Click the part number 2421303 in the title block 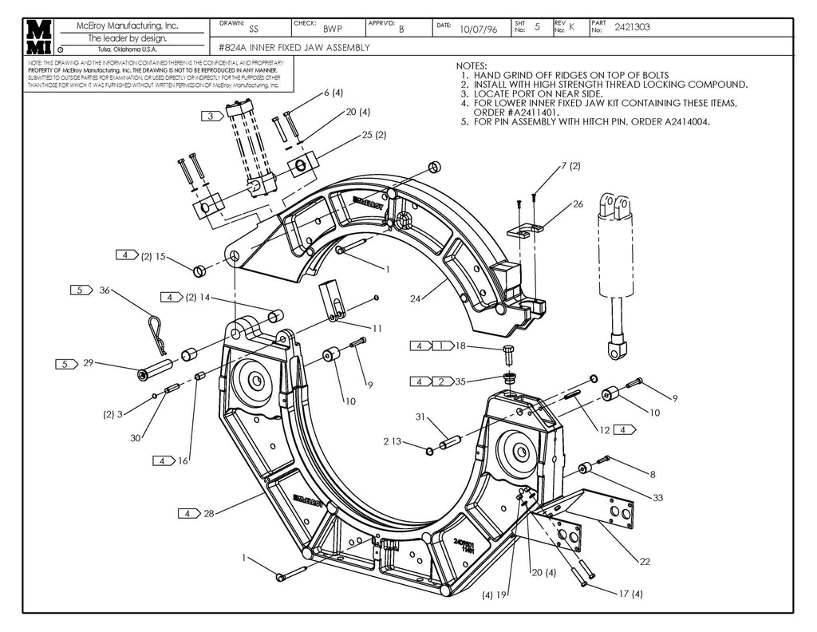[x=632, y=27]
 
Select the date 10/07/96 [x=479, y=30]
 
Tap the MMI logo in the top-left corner [x=39, y=36]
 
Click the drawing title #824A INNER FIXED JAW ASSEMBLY [x=294, y=48]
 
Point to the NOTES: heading [x=472, y=65]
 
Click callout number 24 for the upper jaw [x=415, y=299]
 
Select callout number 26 [x=578, y=204]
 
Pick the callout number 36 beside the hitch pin [x=105, y=290]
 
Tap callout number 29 [x=88, y=363]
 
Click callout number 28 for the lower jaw [x=209, y=513]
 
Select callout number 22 [x=645, y=561]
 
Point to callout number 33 [x=657, y=498]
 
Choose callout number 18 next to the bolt [x=460, y=346]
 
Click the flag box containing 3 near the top [x=211, y=116]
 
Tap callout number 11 [x=377, y=328]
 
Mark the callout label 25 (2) [x=374, y=135]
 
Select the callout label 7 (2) [x=570, y=166]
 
